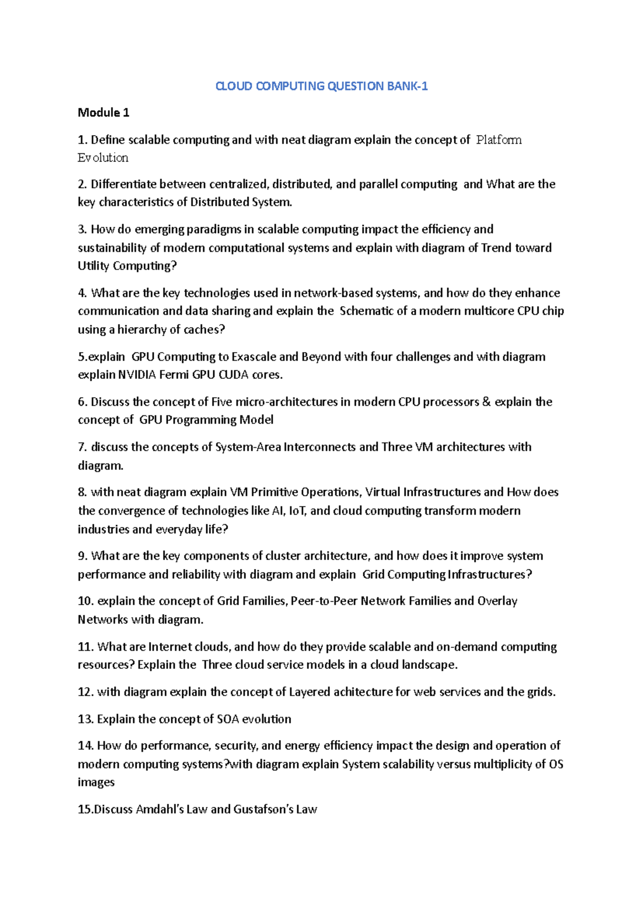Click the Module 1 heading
[x=103, y=113]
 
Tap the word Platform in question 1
[x=499, y=140]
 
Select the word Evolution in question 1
[x=103, y=158]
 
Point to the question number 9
[x=82, y=556]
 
